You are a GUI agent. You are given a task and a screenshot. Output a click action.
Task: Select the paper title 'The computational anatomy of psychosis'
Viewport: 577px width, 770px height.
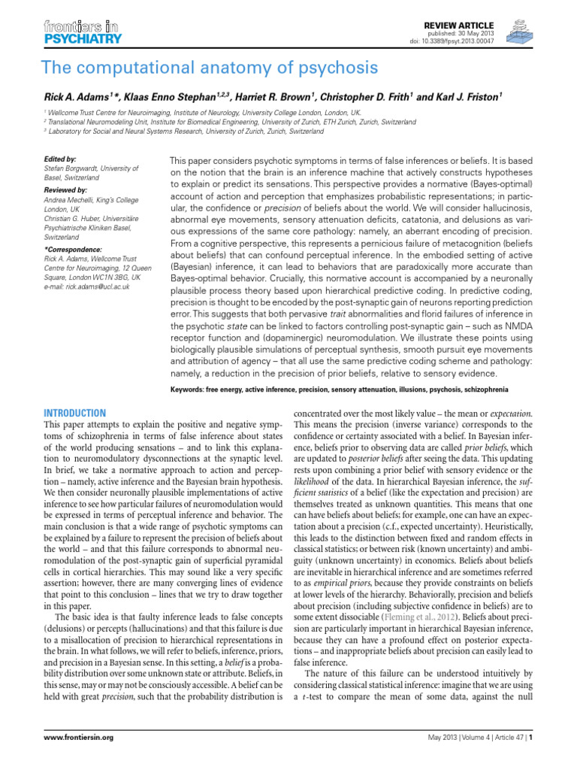click(210, 68)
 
